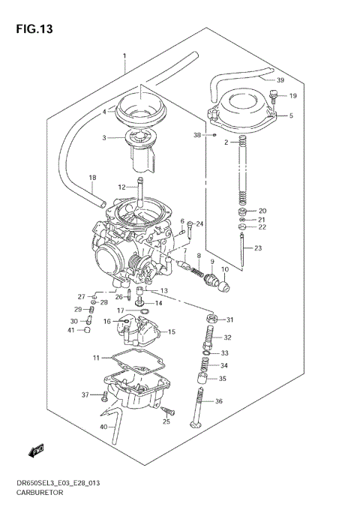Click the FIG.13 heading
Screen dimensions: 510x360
(x=36, y=29)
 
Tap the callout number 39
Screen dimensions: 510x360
(x=280, y=80)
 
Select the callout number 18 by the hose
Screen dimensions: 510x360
(x=92, y=178)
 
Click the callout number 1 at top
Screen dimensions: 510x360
(x=124, y=57)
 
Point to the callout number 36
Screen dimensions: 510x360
(x=219, y=402)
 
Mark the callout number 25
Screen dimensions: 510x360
(x=166, y=422)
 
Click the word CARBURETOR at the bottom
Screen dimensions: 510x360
(x=41, y=496)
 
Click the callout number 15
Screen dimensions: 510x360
(x=171, y=331)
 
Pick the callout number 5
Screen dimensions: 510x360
(x=290, y=116)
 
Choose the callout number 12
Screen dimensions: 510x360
(x=121, y=187)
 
